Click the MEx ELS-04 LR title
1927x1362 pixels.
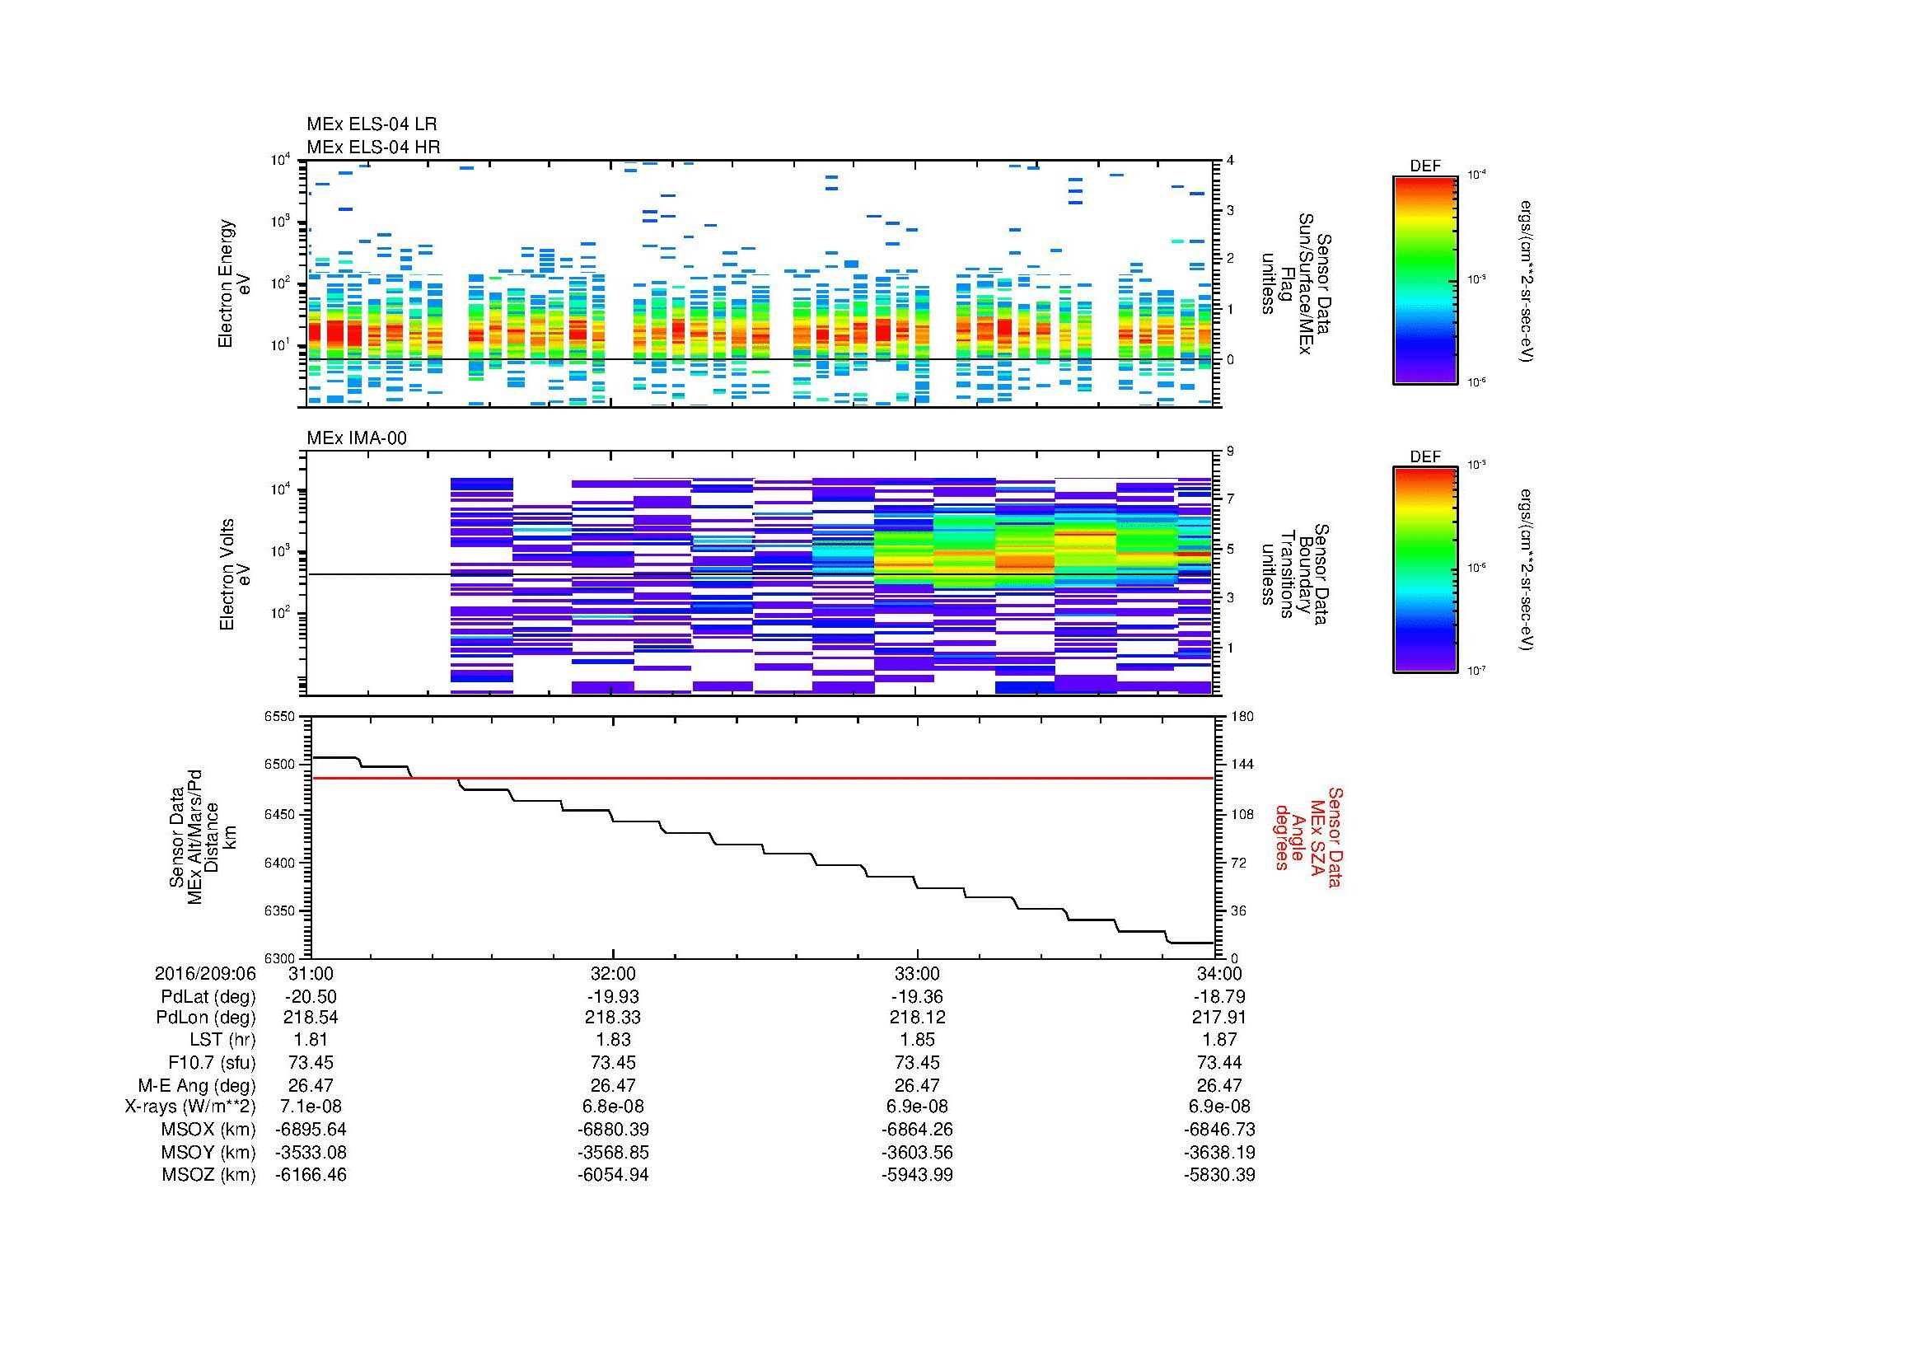(372, 124)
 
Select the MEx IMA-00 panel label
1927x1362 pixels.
(357, 438)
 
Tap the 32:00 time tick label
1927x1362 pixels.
(614, 973)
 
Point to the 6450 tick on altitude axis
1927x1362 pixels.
(279, 815)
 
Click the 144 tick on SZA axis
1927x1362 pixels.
(1242, 765)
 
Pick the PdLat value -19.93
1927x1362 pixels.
(614, 997)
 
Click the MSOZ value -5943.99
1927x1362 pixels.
(917, 1175)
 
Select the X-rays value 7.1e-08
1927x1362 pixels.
(311, 1107)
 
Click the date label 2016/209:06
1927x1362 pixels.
(206, 973)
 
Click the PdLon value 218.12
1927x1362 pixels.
(917, 1018)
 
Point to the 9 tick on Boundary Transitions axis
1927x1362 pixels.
(1230, 452)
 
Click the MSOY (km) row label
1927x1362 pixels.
(208, 1152)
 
